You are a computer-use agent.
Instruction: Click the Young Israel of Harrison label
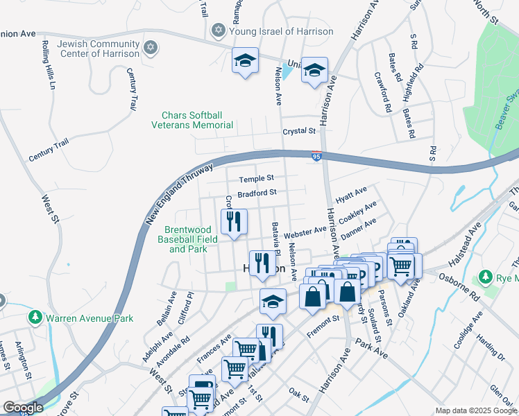(281, 31)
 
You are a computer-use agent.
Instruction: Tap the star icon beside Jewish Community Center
(150, 49)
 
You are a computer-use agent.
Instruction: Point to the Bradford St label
(257, 193)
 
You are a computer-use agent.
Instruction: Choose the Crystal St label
(298, 131)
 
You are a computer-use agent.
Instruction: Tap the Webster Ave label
(304, 231)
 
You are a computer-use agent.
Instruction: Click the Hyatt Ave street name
(350, 194)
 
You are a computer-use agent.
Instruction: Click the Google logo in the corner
(23, 408)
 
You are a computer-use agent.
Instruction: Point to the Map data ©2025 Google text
(475, 410)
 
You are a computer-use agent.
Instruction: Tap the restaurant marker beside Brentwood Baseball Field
(234, 222)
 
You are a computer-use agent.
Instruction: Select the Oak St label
(298, 395)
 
